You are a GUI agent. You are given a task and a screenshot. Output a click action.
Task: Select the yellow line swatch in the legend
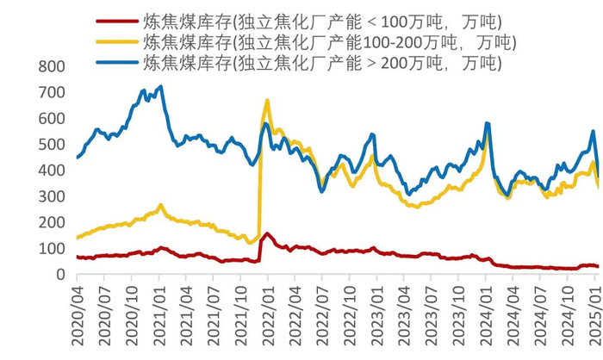(x=113, y=41)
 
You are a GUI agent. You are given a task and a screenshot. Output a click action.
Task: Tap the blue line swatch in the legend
(x=113, y=63)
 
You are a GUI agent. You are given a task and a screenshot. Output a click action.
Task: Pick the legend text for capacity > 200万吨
(x=323, y=63)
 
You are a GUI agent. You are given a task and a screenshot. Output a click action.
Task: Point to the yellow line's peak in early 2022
(x=267, y=101)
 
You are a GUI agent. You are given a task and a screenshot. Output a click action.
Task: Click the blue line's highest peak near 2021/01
(x=160, y=86)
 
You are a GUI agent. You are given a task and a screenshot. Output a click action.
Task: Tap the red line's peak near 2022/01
(x=268, y=233)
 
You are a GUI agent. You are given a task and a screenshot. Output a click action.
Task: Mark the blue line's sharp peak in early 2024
(x=488, y=123)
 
